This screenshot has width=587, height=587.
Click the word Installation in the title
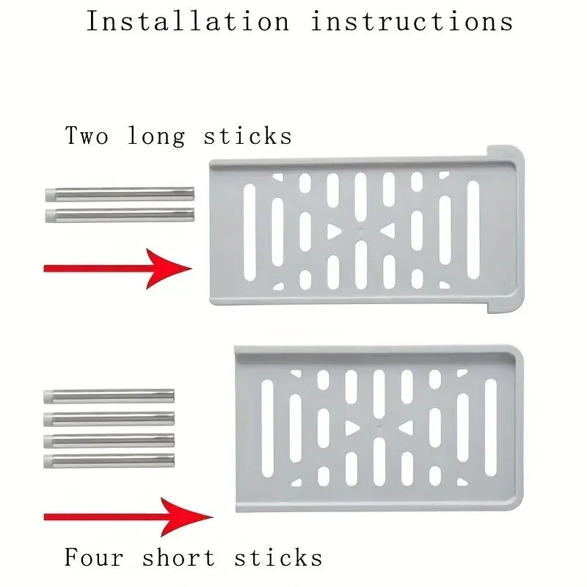pos(188,21)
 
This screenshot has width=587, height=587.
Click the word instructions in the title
pos(412,21)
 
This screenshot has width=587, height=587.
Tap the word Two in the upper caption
pos(87,136)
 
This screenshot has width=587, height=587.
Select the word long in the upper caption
pos(156,137)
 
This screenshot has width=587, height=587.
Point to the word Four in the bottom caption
pos(93,558)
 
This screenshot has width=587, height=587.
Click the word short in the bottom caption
pos(179,558)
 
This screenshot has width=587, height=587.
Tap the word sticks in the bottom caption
pos(278,558)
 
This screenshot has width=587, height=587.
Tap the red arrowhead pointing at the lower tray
pos(187,517)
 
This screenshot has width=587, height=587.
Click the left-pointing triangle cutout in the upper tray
pos(387,231)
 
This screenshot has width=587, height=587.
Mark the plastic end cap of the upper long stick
pos(51,194)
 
